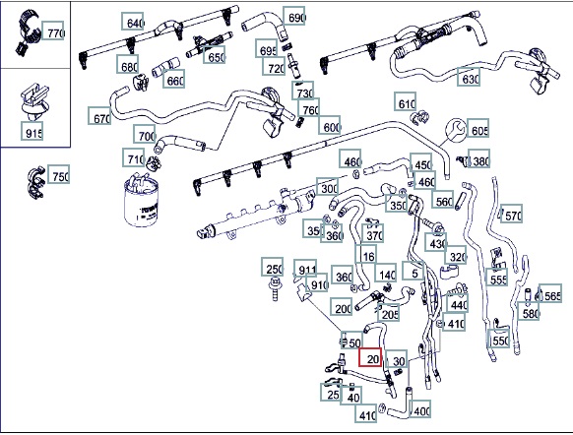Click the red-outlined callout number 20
[x=370, y=357]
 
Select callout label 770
[x=53, y=31]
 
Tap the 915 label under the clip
[x=32, y=131]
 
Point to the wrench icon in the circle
[x=456, y=130]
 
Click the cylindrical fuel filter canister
[x=141, y=201]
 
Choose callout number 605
[x=477, y=128]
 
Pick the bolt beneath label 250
[x=274, y=288]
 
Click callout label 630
[x=469, y=77]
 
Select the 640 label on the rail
[x=133, y=22]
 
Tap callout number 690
[x=294, y=16]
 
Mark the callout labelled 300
[x=328, y=187]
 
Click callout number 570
[x=511, y=214]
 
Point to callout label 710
[x=134, y=157]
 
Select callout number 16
[x=366, y=255]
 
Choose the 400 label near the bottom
[x=419, y=409]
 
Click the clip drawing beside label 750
[x=36, y=183]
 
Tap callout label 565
[x=550, y=293]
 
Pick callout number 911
[x=305, y=269]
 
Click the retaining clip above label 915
[x=34, y=101]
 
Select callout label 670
[x=99, y=116]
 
